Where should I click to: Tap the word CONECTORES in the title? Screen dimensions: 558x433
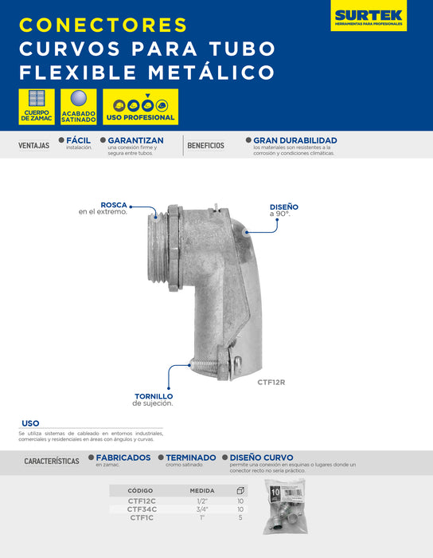tap(103, 25)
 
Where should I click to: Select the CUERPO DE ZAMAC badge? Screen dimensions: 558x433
tap(35, 107)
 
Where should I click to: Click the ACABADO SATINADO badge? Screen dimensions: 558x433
tap(78, 107)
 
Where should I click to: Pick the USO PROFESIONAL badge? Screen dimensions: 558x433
tap(140, 107)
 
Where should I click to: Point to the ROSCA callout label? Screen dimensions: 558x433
tap(114, 205)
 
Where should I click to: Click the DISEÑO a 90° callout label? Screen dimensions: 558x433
tap(283, 208)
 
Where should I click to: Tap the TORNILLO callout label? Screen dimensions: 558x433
tap(154, 397)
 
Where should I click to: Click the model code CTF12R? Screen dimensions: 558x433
tap(271, 382)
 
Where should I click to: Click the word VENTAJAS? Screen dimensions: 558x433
tap(33, 146)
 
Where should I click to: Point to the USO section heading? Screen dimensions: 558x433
tap(30, 423)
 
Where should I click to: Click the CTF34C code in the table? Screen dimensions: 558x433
tap(142, 509)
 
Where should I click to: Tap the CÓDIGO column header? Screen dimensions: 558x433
tap(140, 490)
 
